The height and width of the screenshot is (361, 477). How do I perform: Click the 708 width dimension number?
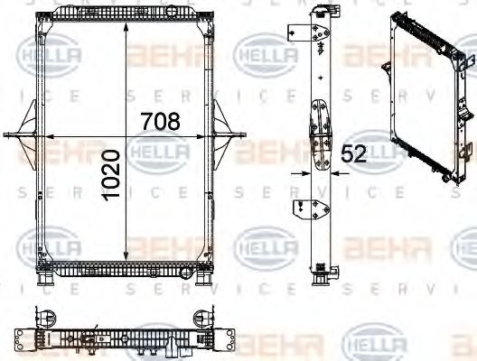(x=160, y=120)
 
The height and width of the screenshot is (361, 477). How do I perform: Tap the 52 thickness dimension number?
(x=354, y=154)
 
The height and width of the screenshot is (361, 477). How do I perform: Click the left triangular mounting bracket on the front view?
(x=27, y=135)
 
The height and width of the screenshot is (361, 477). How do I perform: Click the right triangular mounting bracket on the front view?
(x=223, y=135)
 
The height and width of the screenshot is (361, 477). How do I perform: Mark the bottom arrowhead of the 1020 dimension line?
(x=126, y=264)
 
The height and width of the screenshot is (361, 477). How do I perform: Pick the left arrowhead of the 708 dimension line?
(x=51, y=135)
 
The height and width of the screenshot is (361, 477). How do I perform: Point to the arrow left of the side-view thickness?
(x=301, y=170)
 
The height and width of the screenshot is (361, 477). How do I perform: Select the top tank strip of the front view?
(x=126, y=11)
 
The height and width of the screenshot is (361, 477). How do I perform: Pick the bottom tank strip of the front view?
(x=126, y=269)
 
